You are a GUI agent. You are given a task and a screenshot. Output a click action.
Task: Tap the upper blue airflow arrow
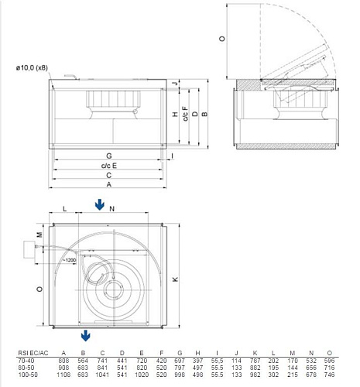(99, 204)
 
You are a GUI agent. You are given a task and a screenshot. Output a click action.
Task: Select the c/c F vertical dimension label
(184, 116)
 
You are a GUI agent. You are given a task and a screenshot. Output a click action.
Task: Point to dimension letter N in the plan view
(111, 209)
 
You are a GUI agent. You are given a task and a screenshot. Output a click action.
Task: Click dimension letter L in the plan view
(65, 209)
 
